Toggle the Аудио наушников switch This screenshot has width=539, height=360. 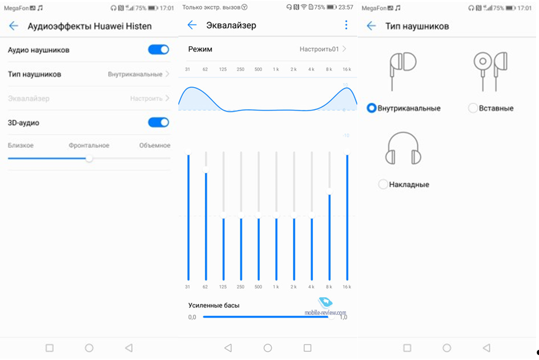tap(158, 50)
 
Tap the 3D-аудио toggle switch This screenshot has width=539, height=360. tap(158, 122)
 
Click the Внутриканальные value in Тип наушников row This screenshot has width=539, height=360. tap(135, 74)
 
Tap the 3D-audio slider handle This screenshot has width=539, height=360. tap(89, 158)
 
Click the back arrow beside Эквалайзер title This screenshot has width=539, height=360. tap(192, 25)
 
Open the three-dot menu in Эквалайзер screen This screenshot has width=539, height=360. tap(346, 25)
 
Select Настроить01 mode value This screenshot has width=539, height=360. tap(319, 49)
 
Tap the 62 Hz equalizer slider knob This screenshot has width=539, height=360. tap(206, 170)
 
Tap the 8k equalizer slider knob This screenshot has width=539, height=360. tap(329, 191)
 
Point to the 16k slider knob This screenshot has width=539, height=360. tap(347, 152)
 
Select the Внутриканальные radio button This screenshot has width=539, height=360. tap(371, 108)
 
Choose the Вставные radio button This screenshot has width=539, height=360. tap(473, 108)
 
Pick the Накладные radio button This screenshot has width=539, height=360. tap(383, 184)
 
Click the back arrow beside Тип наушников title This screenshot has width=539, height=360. tap(371, 26)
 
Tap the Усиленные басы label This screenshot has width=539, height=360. tap(214, 305)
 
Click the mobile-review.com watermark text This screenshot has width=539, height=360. tap(325, 313)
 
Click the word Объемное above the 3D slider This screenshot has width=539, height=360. tap(154, 145)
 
